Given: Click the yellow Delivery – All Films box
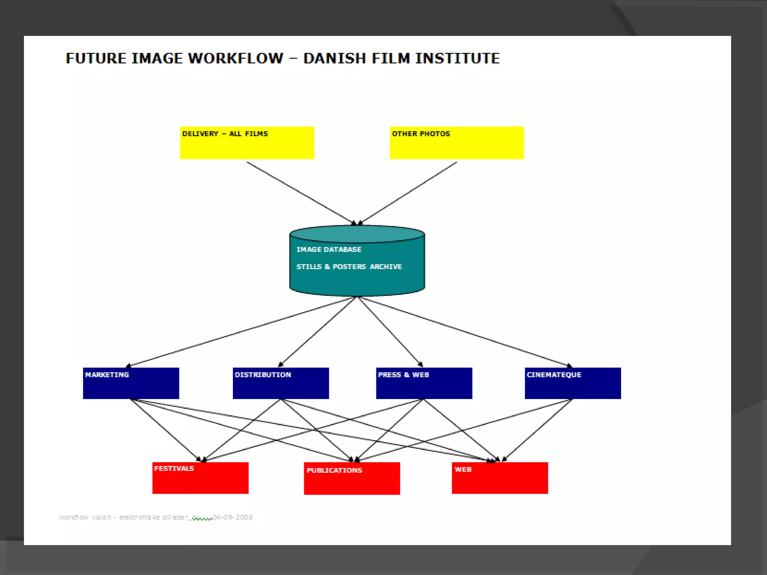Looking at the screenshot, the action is (x=247, y=143).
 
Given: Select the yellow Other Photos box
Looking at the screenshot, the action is (x=457, y=143).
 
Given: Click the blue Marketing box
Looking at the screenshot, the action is (x=131, y=383).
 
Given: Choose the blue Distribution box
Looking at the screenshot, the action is (x=281, y=383).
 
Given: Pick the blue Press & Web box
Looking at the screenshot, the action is (x=424, y=383).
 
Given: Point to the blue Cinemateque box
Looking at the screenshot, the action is (x=573, y=383).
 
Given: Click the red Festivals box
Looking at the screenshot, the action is (x=200, y=478).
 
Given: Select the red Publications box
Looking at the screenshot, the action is (x=352, y=479).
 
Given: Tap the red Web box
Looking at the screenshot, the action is (x=500, y=478).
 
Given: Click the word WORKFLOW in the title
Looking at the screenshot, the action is (x=236, y=58).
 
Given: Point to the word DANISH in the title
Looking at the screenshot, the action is (x=334, y=58).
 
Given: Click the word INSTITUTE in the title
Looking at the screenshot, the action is (x=457, y=58).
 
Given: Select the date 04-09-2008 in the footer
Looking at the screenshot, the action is (x=233, y=517).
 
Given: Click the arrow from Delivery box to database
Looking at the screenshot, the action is (x=300, y=192).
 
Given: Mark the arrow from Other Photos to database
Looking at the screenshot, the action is (x=408, y=192).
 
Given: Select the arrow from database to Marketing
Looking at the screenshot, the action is (x=240, y=332).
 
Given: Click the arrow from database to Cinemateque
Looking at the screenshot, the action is (x=464, y=332).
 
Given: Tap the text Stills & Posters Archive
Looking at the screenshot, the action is (x=349, y=267).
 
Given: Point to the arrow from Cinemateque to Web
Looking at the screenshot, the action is (x=538, y=431).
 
